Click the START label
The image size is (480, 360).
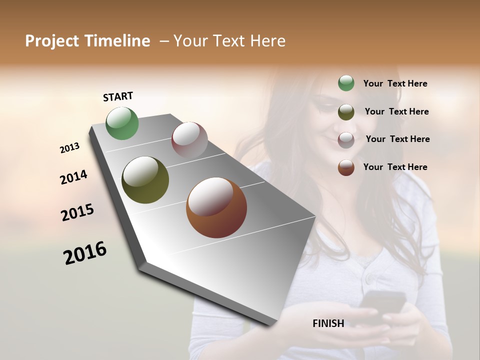[x=118, y=96]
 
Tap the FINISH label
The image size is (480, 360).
[x=328, y=323]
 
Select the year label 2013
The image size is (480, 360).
[x=69, y=148]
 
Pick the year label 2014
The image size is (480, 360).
[x=73, y=177]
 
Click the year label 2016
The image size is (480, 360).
[x=85, y=253]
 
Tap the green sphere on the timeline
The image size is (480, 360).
[x=122, y=123]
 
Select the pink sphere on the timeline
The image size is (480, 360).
[x=189, y=139]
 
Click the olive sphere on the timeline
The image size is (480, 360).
[x=145, y=180]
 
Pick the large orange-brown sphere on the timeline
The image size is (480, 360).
[x=216, y=207]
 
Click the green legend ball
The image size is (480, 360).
[x=346, y=83]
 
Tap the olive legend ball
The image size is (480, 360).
[x=346, y=112]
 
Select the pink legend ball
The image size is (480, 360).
[x=346, y=140]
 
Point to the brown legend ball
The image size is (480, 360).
[x=346, y=167]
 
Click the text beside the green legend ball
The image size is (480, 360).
[x=395, y=83]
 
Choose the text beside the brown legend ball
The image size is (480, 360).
[x=395, y=167]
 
